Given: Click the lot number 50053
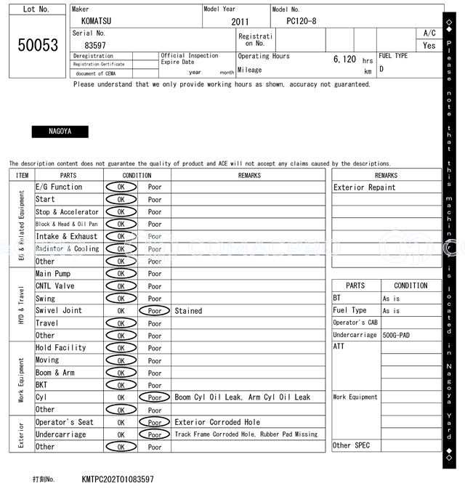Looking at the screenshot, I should click(x=38, y=45).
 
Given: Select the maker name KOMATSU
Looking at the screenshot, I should click(x=97, y=22).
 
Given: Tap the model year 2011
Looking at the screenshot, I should click(x=240, y=22).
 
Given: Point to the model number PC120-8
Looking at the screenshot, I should click(x=302, y=22).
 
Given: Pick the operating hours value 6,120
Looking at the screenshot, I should click(x=344, y=60).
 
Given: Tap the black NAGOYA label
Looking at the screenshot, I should click(x=60, y=131).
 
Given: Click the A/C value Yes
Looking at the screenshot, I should click(x=429, y=45).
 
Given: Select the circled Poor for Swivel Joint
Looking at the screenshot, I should click(x=155, y=311).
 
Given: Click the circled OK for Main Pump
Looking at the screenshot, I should click(x=121, y=274).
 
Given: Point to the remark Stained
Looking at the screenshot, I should click(x=188, y=311).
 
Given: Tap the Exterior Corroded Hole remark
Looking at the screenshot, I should click(x=217, y=422).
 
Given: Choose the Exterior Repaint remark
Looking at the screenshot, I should click(x=365, y=187).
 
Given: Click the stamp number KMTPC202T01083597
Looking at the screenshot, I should click(x=118, y=479).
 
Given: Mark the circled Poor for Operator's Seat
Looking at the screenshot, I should click(x=155, y=422).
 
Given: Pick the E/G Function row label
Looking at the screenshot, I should click(x=59, y=187).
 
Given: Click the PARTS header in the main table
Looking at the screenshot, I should click(x=68, y=175).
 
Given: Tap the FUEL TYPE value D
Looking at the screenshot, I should click(x=381, y=70).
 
